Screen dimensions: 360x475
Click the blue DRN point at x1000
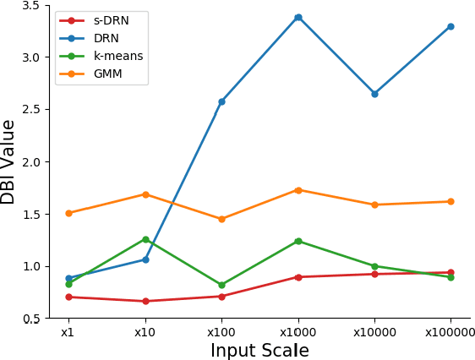pos(298,17)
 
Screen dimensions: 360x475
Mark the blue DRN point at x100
pos(221,101)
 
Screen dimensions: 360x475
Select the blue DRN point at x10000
pos(374,94)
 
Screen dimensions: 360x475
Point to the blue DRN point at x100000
pos(450,26)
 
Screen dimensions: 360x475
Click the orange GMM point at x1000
pos(298,190)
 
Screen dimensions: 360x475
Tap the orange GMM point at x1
pos(68,213)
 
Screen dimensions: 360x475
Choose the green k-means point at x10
pos(145,239)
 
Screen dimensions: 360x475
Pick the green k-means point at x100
pos(221,285)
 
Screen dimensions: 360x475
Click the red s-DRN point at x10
pos(145,301)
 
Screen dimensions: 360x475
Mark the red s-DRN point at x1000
pos(298,277)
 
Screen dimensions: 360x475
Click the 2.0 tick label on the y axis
pos(30,162)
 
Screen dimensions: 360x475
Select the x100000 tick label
pos(450,333)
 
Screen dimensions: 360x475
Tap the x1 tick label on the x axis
pos(68,333)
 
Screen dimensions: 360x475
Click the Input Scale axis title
pos(259,351)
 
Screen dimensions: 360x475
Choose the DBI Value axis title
pos(9,161)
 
